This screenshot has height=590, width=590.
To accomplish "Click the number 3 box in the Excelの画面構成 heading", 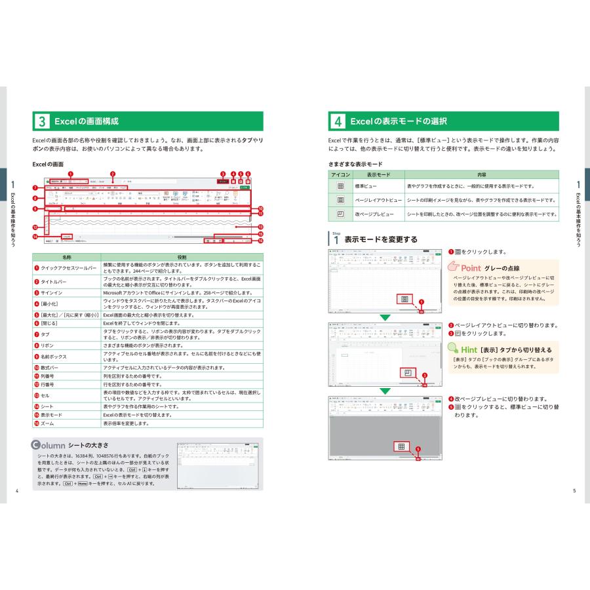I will (41, 121).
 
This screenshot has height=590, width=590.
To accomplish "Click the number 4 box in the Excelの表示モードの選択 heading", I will (337, 121).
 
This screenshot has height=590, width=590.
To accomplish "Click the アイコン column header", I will (340, 175).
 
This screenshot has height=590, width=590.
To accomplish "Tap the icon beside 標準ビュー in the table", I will (340, 186).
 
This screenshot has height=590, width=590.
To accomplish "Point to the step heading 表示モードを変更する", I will (380, 239).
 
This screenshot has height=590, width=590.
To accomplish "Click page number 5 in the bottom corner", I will (574, 491).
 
